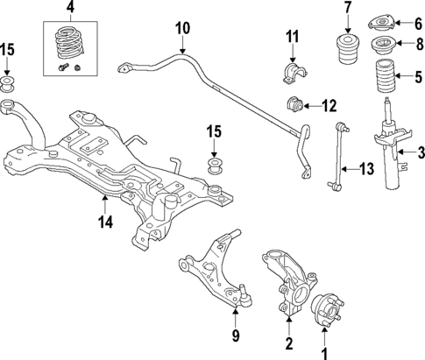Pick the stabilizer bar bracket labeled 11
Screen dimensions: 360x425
coord(291,70)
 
